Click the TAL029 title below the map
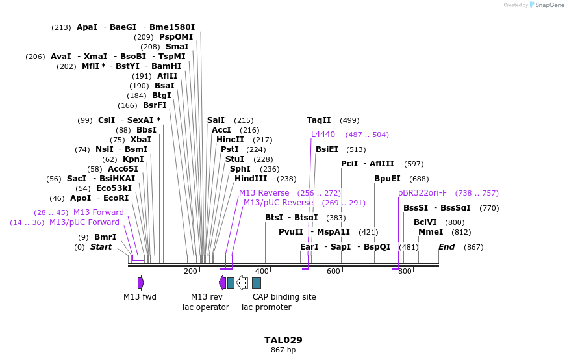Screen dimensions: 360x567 [283, 340]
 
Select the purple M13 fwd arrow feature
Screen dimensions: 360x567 [140, 283]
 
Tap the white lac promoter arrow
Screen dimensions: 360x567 [242, 283]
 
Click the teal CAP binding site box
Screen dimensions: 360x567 [257, 283]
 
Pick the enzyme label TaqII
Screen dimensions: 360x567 [318, 120]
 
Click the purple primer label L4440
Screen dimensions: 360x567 [323, 135]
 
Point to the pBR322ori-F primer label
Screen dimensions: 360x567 [422, 193]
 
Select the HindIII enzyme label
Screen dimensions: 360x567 [251, 179]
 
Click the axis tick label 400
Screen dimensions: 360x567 [262, 271]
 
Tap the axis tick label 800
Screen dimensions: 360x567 [405, 271]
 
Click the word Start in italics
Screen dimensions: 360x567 [101, 247]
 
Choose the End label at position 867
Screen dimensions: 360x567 [446, 247]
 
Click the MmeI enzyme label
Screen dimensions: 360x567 [431, 232]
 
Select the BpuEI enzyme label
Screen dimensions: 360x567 [387, 179]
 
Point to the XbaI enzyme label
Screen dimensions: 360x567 [140, 140]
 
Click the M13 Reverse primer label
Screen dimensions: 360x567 [264, 193]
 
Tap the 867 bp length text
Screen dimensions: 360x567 [283, 350]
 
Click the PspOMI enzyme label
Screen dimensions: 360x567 [176, 37]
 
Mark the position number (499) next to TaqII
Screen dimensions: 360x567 [349, 120]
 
